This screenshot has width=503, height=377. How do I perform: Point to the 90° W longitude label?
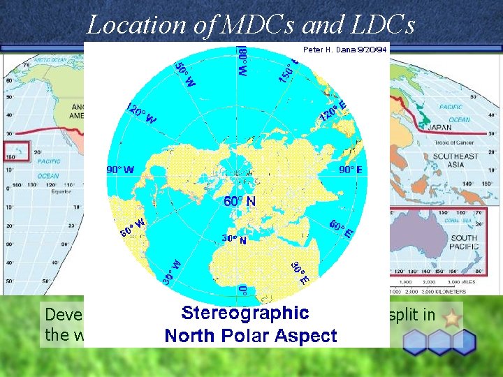pos(120,170)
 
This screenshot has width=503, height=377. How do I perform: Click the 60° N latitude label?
pos(240,201)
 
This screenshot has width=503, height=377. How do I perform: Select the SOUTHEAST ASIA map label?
pos(454,160)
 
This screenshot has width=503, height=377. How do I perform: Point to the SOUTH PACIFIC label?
pos(465,242)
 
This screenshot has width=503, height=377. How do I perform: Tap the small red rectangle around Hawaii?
pos(17,151)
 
